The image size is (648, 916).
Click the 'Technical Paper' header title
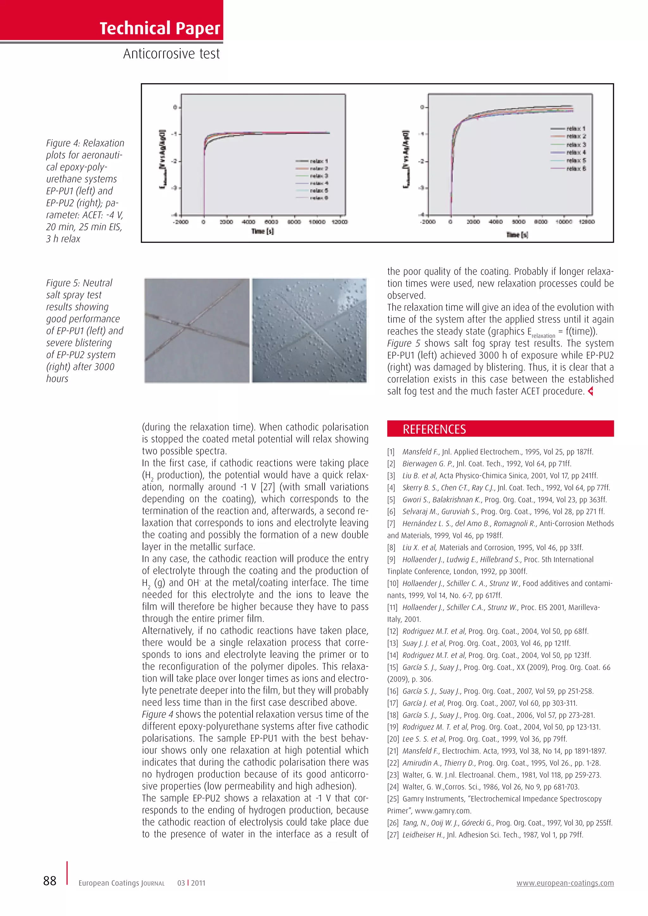pyautogui.click(x=159, y=28)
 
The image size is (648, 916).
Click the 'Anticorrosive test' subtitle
pyautogui.click(x=171, y=54)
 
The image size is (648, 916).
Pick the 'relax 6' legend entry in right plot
pyautogui.click(x=576, y=169)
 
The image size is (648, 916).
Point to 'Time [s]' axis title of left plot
pyautogui.click(x=263, y=232)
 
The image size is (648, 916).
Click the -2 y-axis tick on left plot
pyautogui.click(x=174, y=161)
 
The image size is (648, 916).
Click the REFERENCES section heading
pyautogui.click(x=434, y=429)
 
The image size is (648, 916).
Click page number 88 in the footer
pyautogui.click(x=50, y=881)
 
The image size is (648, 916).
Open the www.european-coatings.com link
pyautogui.click(x=565, y=883)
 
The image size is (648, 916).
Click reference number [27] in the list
pyautogui.click(x=393, y=835)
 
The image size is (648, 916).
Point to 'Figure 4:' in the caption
pyautogui.click(x=63, y=143)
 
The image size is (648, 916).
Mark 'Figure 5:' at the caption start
pyautogui.click(x=63, y=283)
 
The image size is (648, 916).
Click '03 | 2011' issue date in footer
pyautogui.click(x=191, y=883)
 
